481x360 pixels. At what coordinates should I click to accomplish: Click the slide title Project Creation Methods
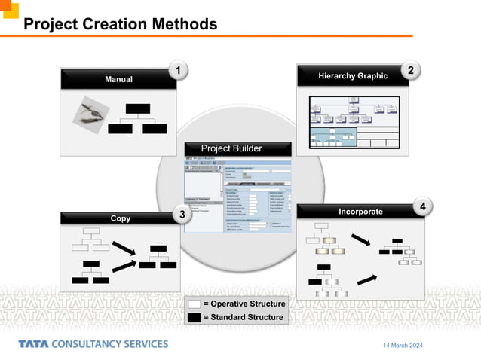pos(121,24)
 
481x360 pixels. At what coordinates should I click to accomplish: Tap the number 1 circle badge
pos(177,71)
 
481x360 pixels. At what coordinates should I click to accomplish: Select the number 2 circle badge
pos(410,71)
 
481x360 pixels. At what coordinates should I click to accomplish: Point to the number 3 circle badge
pos(182,215)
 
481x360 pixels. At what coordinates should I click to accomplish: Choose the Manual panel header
pos(118,79)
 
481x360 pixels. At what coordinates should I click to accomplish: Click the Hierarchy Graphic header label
pos(353,76)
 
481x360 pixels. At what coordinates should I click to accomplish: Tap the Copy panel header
pos(120,218)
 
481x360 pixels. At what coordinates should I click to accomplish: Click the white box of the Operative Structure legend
pos(194,304)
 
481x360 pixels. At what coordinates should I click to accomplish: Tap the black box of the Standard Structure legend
pos(194,317)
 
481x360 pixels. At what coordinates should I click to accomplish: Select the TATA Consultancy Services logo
pos(93,344)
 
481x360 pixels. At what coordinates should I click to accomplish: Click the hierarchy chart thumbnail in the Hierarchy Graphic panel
pos(353,121)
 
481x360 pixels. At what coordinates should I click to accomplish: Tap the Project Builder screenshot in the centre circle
pos(237,192)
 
